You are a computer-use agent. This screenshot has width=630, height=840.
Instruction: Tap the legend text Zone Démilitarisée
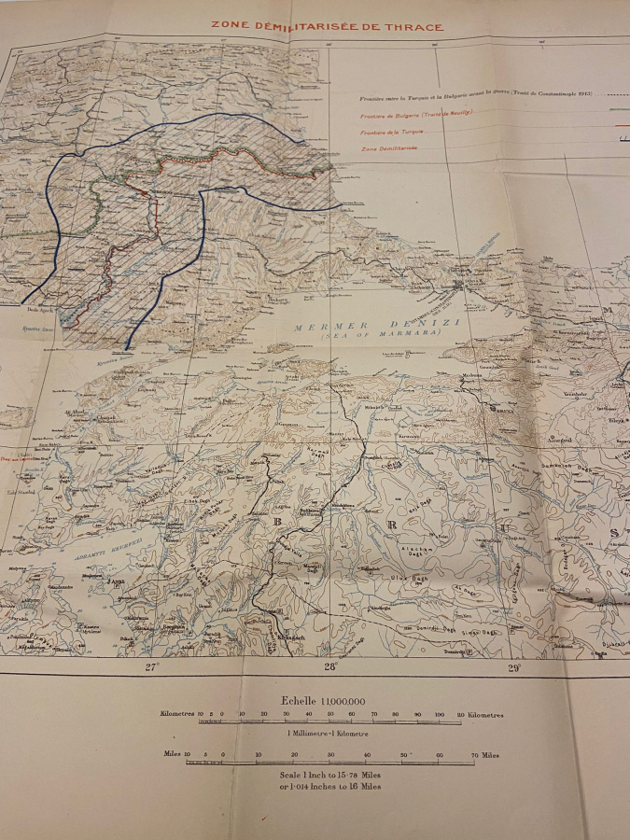point(389,148)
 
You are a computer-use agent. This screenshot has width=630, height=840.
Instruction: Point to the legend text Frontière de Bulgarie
point(415,114)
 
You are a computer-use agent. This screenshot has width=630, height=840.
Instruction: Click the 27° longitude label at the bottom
point(151,666)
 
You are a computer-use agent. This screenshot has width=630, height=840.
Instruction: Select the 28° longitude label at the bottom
point(330,666)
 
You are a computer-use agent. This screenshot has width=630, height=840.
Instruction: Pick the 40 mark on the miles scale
point(367,755)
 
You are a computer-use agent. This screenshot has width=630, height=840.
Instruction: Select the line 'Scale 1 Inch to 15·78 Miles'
point(329,775)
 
